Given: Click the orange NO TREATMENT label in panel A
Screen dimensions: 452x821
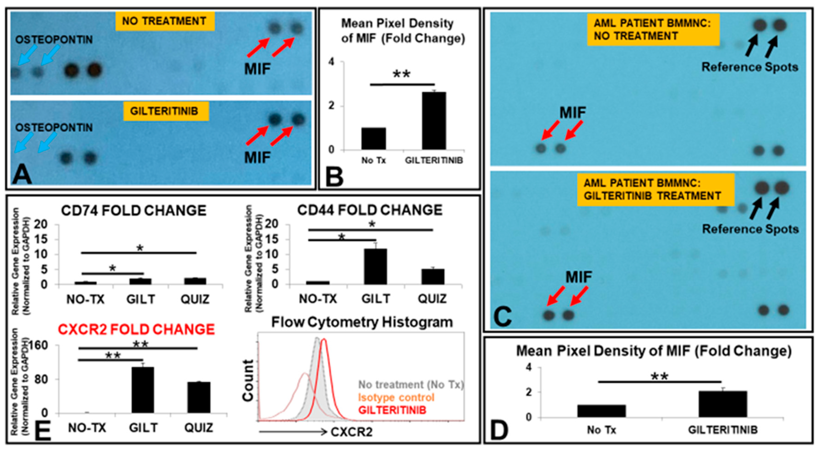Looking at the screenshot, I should click(x=165, y=21).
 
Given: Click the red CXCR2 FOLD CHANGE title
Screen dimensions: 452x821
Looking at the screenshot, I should click(x=136, y=330).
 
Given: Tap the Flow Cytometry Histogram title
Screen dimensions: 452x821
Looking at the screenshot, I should click(x=362, y=322).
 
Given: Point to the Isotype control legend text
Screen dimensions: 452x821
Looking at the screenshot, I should click(x=396, y=398).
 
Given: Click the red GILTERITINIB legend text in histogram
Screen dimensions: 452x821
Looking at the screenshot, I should click(x=392, y=410).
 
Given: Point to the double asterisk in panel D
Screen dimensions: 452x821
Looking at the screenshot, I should click(x=659, y=377).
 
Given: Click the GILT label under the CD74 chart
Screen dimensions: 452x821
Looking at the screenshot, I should click(x=140, y=299).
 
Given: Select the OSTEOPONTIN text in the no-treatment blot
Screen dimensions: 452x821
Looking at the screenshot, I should click(x=54, y=40).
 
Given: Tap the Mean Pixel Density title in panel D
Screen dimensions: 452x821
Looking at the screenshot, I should click(x=654, y=351).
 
